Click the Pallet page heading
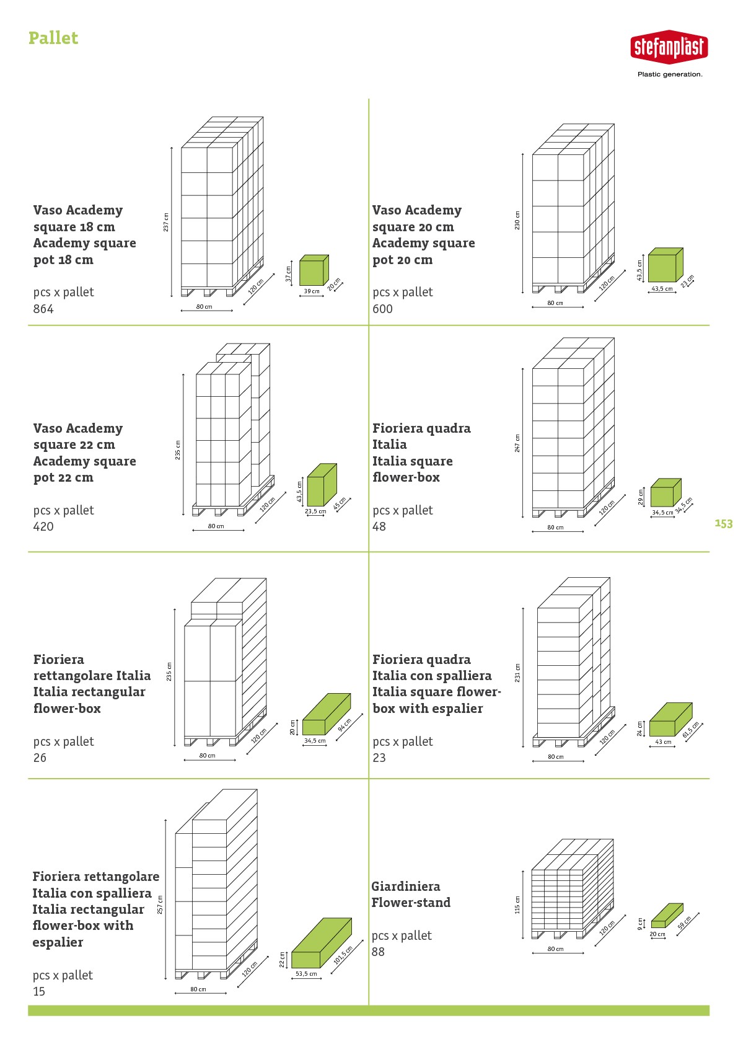[x=53, y=38]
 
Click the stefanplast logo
[x=669, y=47]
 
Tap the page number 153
[x=724, y=524]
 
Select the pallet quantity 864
[x=43, y=309]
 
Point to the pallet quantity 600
[x=382, y=309]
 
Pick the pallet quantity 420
[x=43, y=527]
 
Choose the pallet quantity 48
[x=379, y=527]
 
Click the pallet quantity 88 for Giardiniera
[x=378, y=952]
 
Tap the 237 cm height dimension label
[x=166, y=223]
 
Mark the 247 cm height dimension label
[x=517, y=443]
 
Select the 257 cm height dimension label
[x=160, y=905]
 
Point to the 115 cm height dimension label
[x=517, y=905]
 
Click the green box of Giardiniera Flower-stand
[x=667, y=916]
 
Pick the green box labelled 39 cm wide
[x=314, y=270]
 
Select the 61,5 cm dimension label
[x=691, y=730]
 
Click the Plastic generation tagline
[x=670, y=74]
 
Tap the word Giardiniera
[x=406, y=886]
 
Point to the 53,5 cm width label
[x=306, y=973]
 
